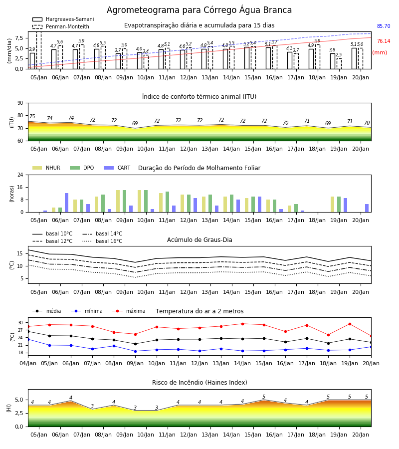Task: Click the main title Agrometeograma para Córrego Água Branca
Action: [x=199, y=10]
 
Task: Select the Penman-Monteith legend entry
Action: [x=61, y=26]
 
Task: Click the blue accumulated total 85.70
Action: [x=384, y=26]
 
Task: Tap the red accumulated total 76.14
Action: [x=384, y=41]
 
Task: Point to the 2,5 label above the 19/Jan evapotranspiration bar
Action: [x=339, y=55]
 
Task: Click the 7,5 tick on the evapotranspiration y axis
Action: [x=19, y=38]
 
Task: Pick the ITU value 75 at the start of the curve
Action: [x=32, y=116]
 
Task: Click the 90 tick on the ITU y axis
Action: [x=20, y=103]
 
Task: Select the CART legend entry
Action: [x=117, y=168]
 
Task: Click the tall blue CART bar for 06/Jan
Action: [x=67, y=203]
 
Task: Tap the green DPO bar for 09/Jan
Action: [x=125, y=201]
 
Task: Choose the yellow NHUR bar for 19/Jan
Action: [x=332, y=205]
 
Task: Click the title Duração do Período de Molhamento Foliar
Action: [x=199, y=168]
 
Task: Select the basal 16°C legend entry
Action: [x=102, y=241]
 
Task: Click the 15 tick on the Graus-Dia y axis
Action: [x=20, y=253]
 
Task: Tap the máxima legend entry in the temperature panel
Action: [x=129, y=311]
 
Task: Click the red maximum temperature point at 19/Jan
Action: [x=350, y=324]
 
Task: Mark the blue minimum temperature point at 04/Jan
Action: [x=28, y=339]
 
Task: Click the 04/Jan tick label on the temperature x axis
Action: [x=28, y=363]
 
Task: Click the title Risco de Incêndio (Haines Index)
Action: [x=199, y=383]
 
